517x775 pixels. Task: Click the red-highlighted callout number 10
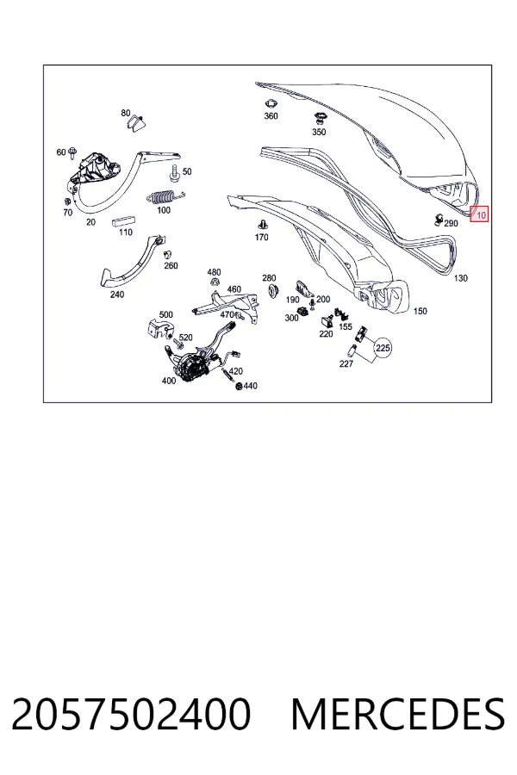[x=479, y=214]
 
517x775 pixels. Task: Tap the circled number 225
[x=383, y=348]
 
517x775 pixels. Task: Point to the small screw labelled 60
[x=72, y=152]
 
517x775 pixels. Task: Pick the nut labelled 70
[x=67, y=201]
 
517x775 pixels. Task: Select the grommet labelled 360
[x=270, y=104]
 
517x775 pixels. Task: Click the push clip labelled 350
[x=319, y=119]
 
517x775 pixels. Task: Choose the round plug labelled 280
[x=271, y=290]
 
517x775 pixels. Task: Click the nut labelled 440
[x=240, y=386]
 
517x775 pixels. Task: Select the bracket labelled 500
[x=160, y=329]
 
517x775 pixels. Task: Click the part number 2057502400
[x=131, y=714]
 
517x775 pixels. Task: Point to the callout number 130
[x=460, y=278]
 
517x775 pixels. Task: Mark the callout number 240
[x=117, y=294]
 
